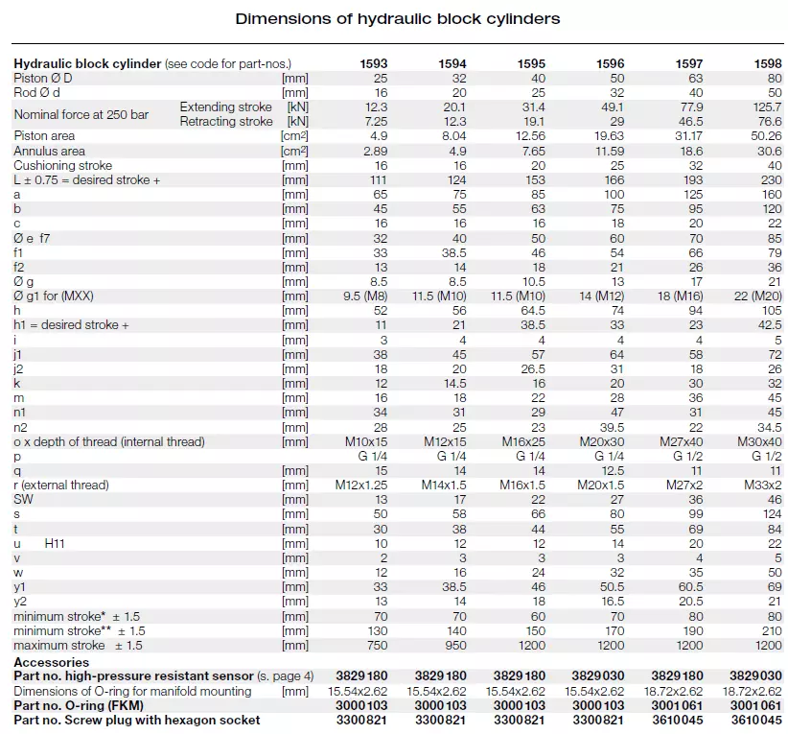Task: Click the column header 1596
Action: (610, 63)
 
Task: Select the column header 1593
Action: (373, 63)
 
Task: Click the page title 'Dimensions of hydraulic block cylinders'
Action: (398, 18)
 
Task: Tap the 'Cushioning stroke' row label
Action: (63, 165)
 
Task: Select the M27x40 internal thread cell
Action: (680, 441)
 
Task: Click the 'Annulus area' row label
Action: (49, 151)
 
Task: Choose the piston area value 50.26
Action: (764, 136)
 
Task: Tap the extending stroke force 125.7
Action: (764, 107)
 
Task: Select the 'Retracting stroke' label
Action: (226, 122)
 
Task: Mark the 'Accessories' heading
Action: (51, 662)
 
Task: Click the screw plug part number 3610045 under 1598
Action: (757, 720)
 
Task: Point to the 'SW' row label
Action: (24, 499)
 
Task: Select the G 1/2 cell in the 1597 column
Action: (687, 456)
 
